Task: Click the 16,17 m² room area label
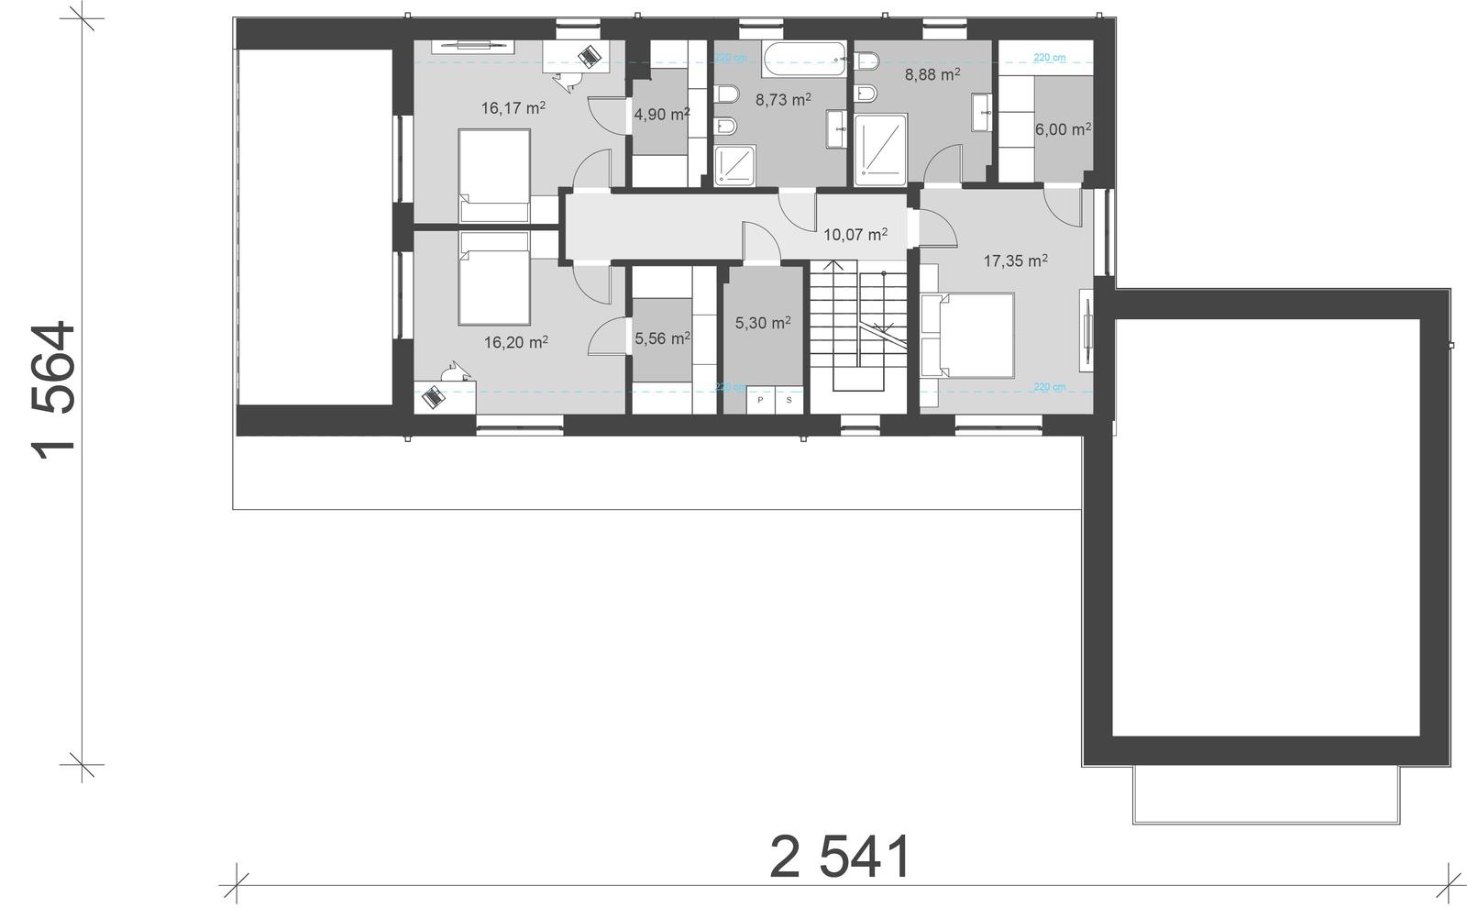click(513, 108)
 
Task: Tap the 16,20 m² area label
click(515, 342)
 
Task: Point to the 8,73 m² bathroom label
click(782, 100)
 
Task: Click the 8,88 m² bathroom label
click(932, 74)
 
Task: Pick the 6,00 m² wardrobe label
click(1062, 129)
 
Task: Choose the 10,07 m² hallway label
click(855, 235)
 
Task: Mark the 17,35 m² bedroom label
click(1015, 261)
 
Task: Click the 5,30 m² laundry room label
click(762, 323)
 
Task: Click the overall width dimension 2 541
click(841, 858)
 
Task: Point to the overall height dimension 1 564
click(54, 390)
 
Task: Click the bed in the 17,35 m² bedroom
click(968, 335)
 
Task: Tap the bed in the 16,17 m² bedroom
click(494, 174)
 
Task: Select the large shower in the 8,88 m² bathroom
click(880, 144)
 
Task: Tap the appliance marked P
click(760, 400)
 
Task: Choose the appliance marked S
click(789, 400)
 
